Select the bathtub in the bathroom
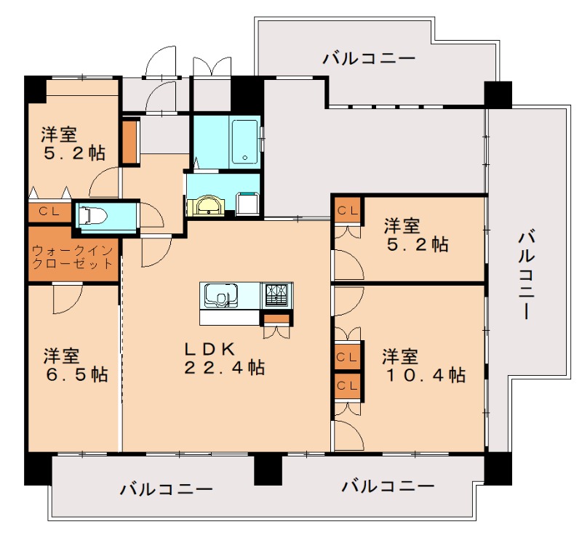click(244, 142)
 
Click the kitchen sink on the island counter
click(222, 296)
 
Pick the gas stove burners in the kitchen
click(277, 294)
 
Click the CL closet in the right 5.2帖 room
click(347, 211)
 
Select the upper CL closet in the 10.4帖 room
click(347, 357)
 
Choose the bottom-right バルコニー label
click(388, 485)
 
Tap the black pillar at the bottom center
click(268, 470)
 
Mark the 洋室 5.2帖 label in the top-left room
click(72, 143)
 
